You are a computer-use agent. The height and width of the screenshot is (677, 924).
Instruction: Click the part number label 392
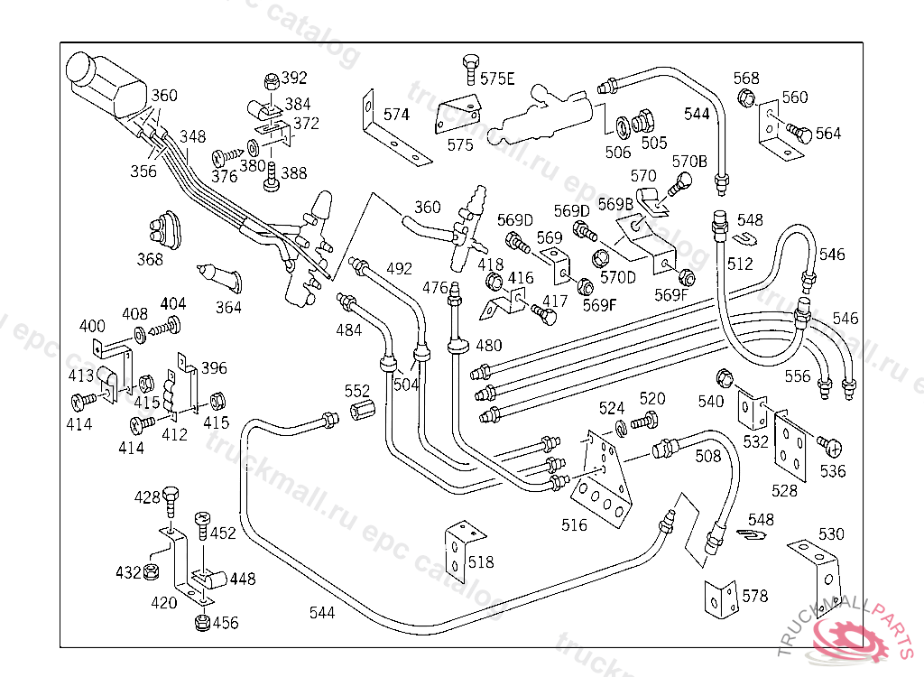[x=294, y=78]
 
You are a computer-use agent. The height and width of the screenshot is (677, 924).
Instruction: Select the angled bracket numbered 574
[x=394, y=135]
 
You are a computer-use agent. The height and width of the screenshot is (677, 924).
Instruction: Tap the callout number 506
[x=618, y=153]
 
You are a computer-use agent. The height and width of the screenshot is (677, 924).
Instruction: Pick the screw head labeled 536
[x=831, y=445]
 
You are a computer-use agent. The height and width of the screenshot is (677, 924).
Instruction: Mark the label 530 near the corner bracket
[x=831, y=533]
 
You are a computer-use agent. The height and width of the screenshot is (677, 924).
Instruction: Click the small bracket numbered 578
[x=722, y=596]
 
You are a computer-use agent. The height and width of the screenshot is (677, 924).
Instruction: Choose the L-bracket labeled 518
[x=460, y=548]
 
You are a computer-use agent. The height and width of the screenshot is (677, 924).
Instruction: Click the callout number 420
[x=164, y=603]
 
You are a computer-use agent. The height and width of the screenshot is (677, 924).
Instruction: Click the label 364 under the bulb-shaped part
[x=229, y=307]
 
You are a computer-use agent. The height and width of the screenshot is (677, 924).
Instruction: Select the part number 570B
[x=690, y=161]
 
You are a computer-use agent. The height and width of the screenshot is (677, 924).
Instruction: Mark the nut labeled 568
[x=747, y=98]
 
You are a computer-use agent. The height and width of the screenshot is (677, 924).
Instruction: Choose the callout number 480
[x=488, y=345]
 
